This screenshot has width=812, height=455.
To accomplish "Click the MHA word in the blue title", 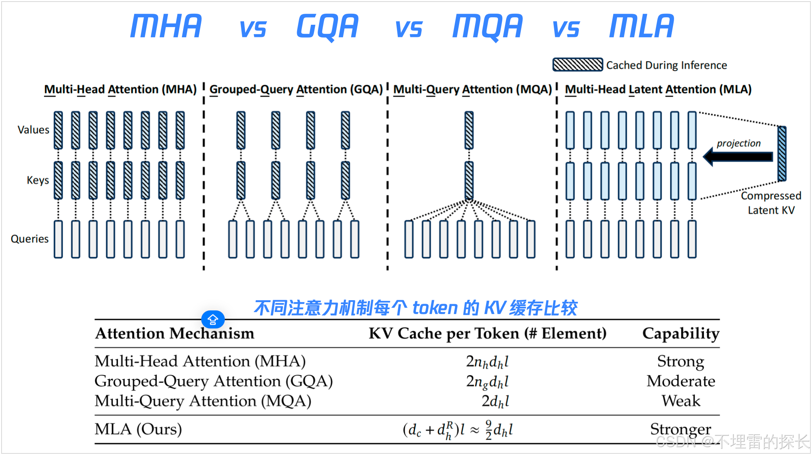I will point(166,26).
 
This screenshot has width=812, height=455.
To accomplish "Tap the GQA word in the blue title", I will point(327,26).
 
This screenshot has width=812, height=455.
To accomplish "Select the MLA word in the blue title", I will point(641,26).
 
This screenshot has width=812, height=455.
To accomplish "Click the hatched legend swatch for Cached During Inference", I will point(577,64).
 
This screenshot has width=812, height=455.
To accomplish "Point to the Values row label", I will point(33,130).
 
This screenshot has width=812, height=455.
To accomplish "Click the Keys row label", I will point(38,180).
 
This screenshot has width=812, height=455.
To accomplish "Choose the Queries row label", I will point(29,239).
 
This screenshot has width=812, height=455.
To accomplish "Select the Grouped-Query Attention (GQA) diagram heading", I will point(296,90).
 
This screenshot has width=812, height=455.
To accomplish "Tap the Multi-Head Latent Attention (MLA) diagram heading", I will point(658,90).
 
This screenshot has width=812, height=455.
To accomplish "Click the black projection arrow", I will point(738,157).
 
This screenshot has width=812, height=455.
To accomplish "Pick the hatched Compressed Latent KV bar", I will point(782,154).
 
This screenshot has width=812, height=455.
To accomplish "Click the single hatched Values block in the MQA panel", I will point(469,130).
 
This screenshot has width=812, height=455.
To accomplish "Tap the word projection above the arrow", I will point(739,143).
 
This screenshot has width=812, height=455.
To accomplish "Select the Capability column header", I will point(681,334).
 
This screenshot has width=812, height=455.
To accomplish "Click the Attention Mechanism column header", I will point(175,334).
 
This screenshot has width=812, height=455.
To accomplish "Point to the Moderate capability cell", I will point(681,381).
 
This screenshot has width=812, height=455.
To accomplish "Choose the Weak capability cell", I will point(681,401).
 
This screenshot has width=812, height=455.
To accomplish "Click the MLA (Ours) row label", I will point(138,429).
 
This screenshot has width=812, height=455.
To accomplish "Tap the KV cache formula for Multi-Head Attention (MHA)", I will point(487,361).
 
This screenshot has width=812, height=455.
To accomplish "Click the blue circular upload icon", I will point(213,319).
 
